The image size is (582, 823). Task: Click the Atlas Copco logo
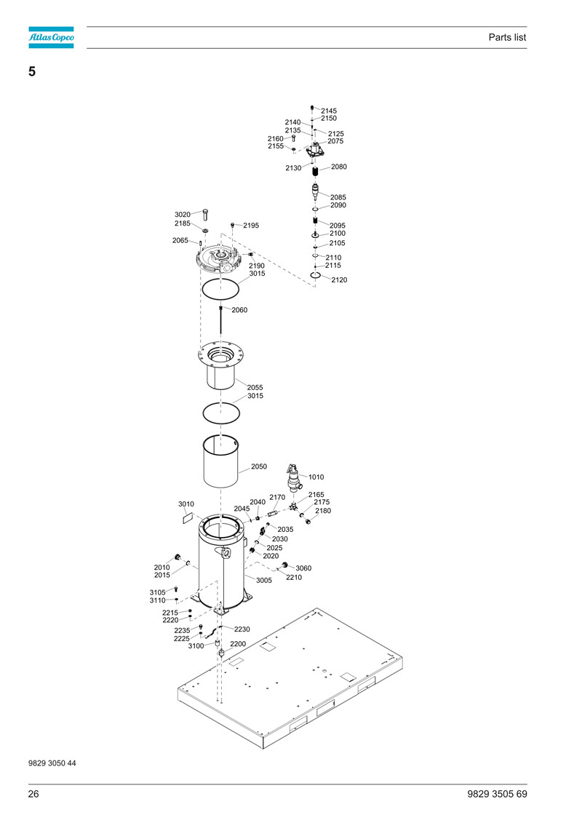tap(51, 37)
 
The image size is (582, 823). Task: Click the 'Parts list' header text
tap(507, 37)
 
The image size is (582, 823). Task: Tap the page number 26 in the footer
tap(33, 794)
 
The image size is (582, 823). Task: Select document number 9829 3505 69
tap(497, 794)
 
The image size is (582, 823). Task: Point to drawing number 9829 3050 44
tap(52, 763)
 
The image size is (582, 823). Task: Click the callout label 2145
tap(329, 111)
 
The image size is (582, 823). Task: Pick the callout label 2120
tap(339, 279)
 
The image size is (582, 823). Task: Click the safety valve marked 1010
tap(295, 477)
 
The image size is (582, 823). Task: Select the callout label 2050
tap(259, 466)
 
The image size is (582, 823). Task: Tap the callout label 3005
tap(264, 580)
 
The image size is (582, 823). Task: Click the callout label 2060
tap(239, 310)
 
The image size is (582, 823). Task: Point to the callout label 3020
tap(183, 214)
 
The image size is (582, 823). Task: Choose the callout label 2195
tap(251, 225)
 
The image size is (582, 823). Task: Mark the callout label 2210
tap(294, 577)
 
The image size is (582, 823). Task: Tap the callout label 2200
tap(238, 643)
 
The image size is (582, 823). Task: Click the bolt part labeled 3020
tap(205, 214)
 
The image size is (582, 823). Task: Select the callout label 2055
tap(255, 387)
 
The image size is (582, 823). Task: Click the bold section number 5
tap(32, 71)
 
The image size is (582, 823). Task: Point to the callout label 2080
tap(338, 167)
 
